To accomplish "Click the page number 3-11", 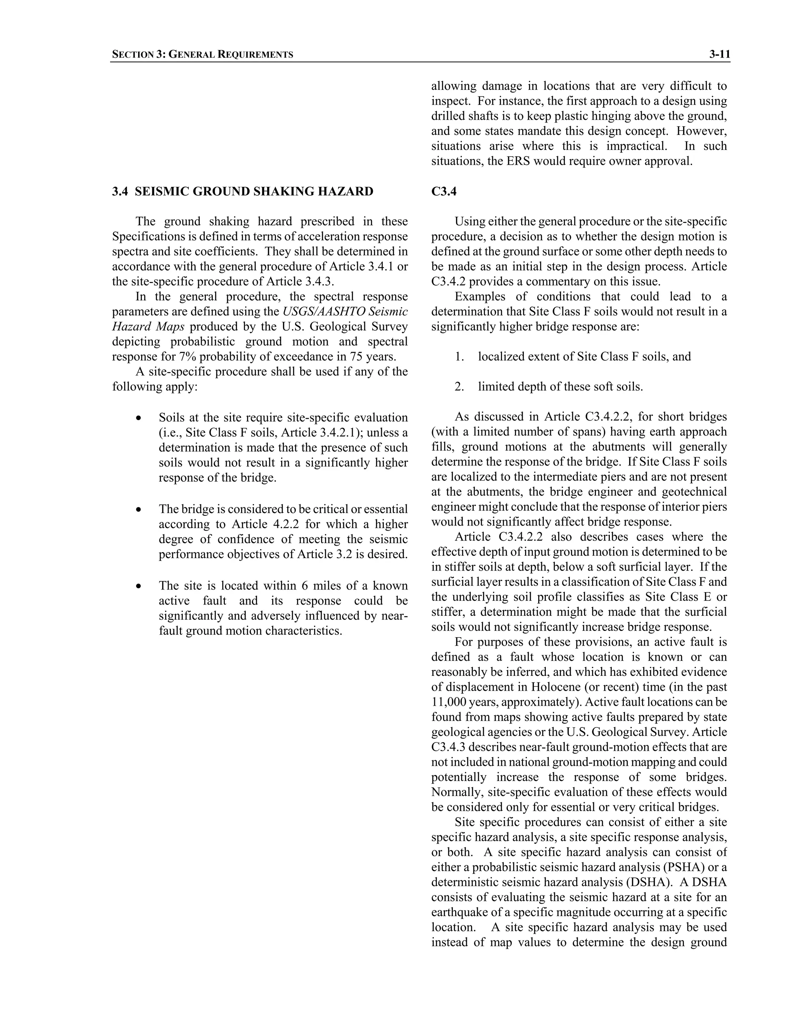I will click(719, 55).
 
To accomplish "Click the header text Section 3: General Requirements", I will click(202, 55).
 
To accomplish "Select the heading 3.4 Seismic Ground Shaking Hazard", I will click(242, 191).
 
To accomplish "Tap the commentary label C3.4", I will click(444, 191).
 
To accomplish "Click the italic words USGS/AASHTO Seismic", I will click(345, 312).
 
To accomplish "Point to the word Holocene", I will click(556, 687).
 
